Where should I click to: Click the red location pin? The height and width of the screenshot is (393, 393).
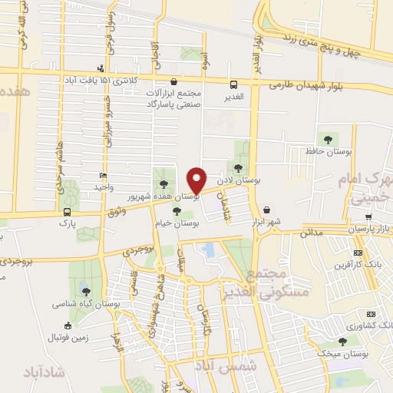[x=197, y=180]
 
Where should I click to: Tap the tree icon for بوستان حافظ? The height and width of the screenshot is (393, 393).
[x=329, y=140]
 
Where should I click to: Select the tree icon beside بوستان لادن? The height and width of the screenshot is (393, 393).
[x=239, y=167]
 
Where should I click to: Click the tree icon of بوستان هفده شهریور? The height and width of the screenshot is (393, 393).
[x=163, y=183]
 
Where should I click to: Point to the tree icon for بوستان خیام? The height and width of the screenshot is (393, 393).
[x=177, y=211]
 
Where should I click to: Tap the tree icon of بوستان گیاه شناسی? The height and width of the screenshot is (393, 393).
[x=85, y=291]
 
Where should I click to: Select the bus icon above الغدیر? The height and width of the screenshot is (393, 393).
[x=233, y=84]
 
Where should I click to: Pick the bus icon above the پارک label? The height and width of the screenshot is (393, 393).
[x=68, y=211]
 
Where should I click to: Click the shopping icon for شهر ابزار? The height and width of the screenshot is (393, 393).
[x=266, y=210]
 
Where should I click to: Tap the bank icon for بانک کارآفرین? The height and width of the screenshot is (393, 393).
[x=358, y=253]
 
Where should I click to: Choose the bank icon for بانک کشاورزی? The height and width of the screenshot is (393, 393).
[x=371, y=314]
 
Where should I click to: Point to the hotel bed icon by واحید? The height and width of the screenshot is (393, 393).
[x=104, y=177]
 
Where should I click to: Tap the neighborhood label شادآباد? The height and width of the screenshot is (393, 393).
[x=47, y=372]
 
